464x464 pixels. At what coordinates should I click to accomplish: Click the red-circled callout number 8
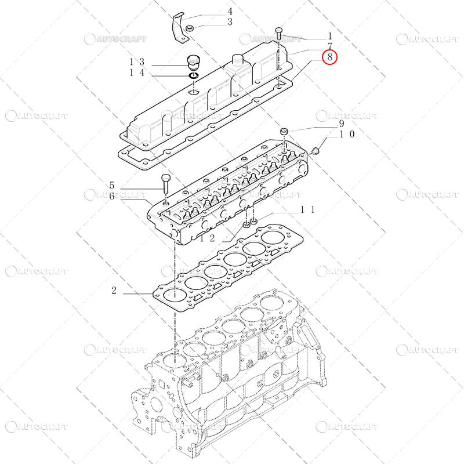tap(329, 57)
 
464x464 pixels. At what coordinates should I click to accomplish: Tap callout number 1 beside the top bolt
tap(329, 36)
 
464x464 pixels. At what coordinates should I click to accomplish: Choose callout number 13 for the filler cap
tap(136, 61)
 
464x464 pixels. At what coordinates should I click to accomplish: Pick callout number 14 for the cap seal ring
tap(136, 72)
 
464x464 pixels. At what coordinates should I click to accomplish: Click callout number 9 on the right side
tap(342, 124)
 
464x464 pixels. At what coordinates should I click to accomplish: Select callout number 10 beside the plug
tap(347, 134)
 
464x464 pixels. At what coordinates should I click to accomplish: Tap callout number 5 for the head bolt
tap(111, 186)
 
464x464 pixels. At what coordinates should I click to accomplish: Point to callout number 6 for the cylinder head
tap(111, 196)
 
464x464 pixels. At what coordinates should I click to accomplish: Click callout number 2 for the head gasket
tap(114, 291)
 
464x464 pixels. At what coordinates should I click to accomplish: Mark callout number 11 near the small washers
tap(307, 209)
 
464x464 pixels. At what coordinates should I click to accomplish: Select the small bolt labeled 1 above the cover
tap(279, 32)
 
